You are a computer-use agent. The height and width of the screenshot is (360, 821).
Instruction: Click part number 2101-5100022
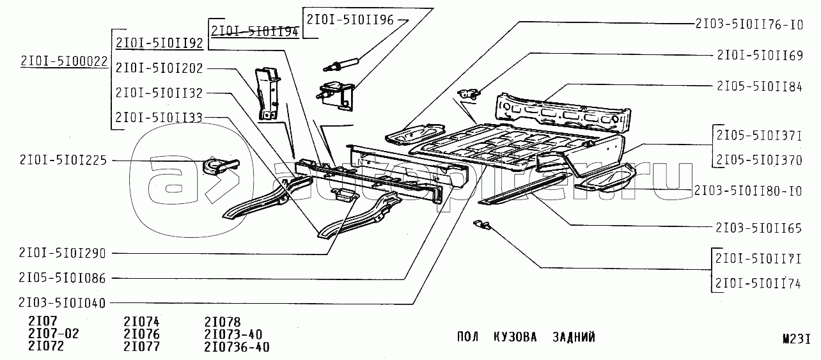[64, 61]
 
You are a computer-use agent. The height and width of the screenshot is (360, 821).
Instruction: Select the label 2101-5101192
[159, 43]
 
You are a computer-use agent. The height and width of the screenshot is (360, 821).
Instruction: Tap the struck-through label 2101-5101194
[255, 31]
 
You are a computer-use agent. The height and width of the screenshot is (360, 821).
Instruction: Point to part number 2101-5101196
[350, 19]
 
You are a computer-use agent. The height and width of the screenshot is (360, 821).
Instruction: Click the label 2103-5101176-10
[749, 24]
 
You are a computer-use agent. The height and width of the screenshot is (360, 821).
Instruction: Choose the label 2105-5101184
[760, 86]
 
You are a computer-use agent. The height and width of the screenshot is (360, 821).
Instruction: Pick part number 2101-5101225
[63, 160]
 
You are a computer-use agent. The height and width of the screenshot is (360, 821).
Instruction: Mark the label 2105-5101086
[62, 278]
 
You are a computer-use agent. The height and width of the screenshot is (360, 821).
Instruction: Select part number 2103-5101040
[62, 303]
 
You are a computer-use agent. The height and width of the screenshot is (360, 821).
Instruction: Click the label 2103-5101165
[759, 228]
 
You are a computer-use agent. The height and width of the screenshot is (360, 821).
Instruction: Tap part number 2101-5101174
[758, 283]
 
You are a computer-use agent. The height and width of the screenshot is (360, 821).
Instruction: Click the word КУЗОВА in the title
[515, 337]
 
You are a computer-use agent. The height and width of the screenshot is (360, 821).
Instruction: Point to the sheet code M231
[797, 339]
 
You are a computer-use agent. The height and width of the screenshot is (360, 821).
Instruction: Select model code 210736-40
[237, 347]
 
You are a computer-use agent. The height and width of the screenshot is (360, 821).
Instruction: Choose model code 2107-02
[54, 334]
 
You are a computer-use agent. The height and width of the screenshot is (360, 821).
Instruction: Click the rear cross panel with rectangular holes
[563, 112]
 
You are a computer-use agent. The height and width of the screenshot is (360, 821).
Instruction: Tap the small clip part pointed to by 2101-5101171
[481, 224]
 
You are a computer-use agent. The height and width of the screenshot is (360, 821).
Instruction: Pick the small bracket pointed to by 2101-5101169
[469, 94]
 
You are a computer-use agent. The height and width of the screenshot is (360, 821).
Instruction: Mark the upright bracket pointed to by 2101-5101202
[269, 94]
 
